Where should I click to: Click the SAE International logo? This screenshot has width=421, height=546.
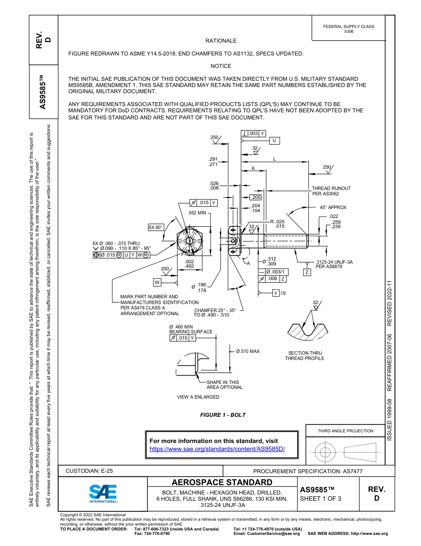coord(103,493)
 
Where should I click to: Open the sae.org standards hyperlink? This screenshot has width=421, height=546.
coord(217,449)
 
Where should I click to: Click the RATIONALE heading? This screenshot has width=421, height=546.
coord(221,41)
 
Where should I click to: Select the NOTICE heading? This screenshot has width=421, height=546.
coord(221,66)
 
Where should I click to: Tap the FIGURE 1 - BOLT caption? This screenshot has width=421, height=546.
coord(222,415)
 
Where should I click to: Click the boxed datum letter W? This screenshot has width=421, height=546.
coord(157,282)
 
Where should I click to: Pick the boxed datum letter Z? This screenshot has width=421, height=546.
coord(307,272)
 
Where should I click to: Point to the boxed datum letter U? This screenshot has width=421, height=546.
coord(274,141)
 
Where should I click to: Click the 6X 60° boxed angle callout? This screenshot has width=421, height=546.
coord(156,227)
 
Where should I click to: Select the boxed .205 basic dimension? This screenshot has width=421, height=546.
coord(256,197)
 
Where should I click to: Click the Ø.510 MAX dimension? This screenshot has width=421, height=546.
coord(248,351)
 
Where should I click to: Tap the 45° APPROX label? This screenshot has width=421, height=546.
coord(333,207)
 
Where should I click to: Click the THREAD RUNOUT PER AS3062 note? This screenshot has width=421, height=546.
coord(331,191)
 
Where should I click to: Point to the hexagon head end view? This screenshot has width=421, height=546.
coord(190,242)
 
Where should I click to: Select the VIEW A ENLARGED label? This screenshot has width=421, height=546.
coord(198,397)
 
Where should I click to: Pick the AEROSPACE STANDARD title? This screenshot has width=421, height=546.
coord(222,483)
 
